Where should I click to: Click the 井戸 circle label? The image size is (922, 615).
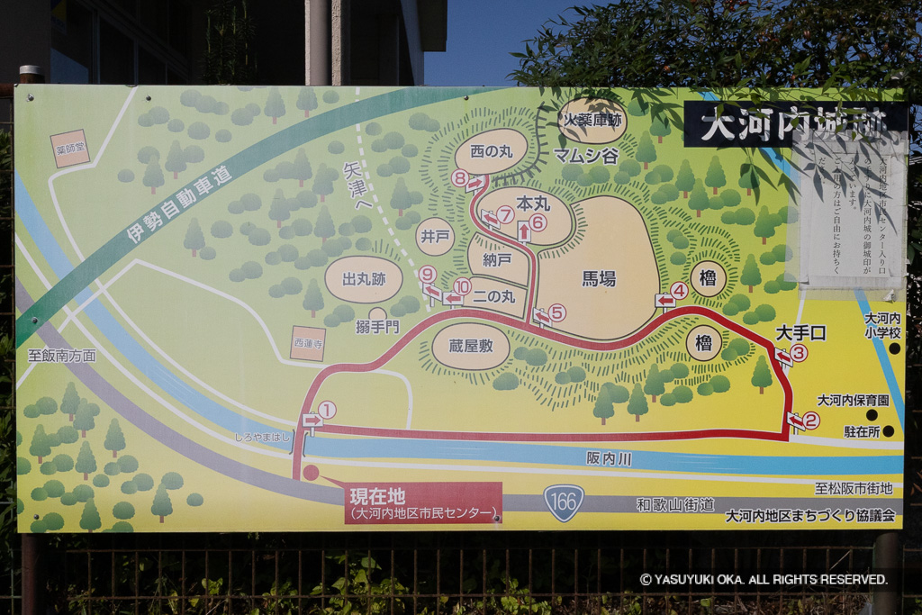(435, 237)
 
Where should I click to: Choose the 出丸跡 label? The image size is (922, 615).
(364, 279)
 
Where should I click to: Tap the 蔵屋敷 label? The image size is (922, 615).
(471, 345)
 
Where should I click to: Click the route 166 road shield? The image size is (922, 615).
(564, 502)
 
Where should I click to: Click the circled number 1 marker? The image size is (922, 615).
(327, 410)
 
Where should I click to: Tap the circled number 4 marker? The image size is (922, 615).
(679, 291)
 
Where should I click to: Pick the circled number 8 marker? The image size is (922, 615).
(460, 178)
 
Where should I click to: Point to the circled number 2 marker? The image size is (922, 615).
(811, 420)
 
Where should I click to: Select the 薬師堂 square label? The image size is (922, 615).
(70, 149)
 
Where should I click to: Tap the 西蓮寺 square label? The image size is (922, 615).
(308, 343)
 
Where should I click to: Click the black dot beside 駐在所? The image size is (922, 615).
(888, 431)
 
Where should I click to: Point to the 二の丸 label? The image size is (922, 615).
(493, 295)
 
